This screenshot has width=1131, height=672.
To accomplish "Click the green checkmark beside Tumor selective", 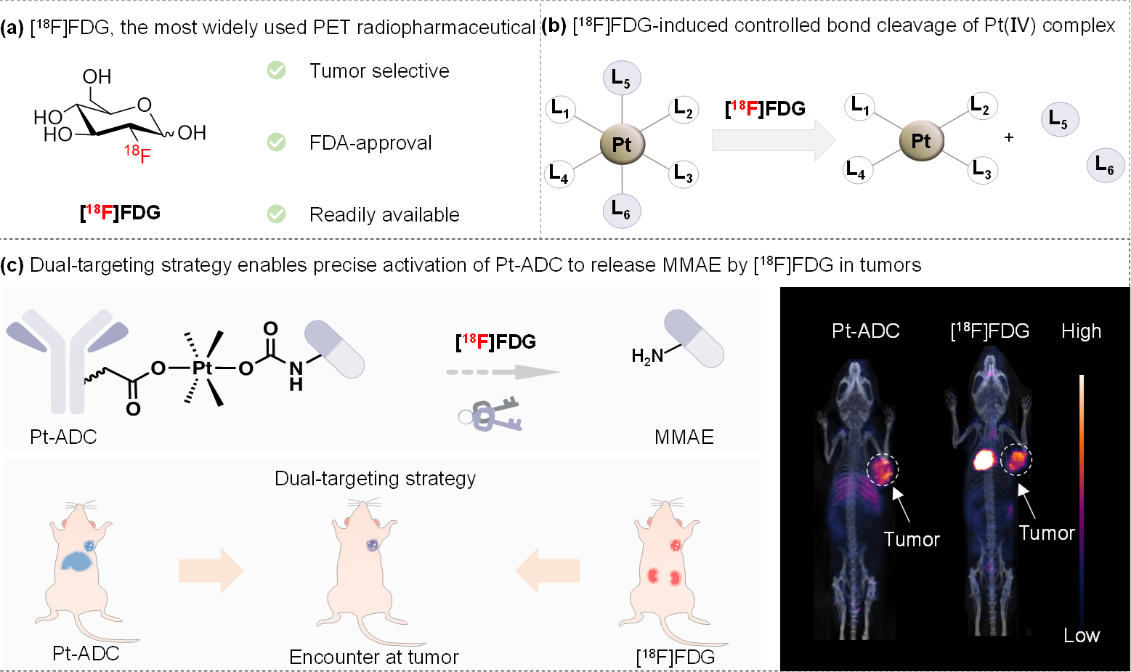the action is pyautogui.click(x=276, y=70).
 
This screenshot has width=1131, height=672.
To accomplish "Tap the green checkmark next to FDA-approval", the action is pyautogui.click(x=276, y=142).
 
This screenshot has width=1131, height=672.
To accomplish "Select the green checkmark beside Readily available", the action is pyautogui.click(x=276, y=214).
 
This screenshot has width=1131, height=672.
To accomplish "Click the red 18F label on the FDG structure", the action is pyautogui.click(x=138, y=154).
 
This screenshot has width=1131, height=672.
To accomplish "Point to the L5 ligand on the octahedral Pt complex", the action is pyautogui.click(x=622, y=78).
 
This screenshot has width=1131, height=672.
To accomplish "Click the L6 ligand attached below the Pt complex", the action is pyautogui.click(x=622, y=209).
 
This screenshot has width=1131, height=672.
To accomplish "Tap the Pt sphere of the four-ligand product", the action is pyautogui.click(x=921, y=140).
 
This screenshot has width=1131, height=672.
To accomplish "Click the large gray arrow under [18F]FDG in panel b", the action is pyautogui.click(x=774, y=140).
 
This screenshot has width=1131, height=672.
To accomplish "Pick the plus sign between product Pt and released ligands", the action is pyautogui.click(x=1009, y=137).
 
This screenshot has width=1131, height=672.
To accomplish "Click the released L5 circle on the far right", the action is pyautogui.click(x=1060, y=119).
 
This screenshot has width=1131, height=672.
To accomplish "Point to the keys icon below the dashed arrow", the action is pyautogui.click(x=490, y=414).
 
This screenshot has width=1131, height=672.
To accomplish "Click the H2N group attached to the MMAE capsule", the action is pyautogui.click(x=647, y=356).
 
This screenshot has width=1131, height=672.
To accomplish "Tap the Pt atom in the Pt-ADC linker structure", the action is pyautogui.click(x=203, y=368).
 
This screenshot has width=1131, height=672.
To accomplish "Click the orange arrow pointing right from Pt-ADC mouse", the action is pyautogui.click(x=211, y=570).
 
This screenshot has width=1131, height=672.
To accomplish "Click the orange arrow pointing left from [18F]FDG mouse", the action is pyautogui.click(x=547, y=570).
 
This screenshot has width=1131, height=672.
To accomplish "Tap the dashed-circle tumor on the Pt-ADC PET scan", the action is pyautogui.click(x=883, y=469).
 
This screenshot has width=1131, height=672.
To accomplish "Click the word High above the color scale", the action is pyautogui.click(x=1081, y=331).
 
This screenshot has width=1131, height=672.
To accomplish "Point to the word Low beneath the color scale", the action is pyautogui.click(x=1081, y=635).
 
